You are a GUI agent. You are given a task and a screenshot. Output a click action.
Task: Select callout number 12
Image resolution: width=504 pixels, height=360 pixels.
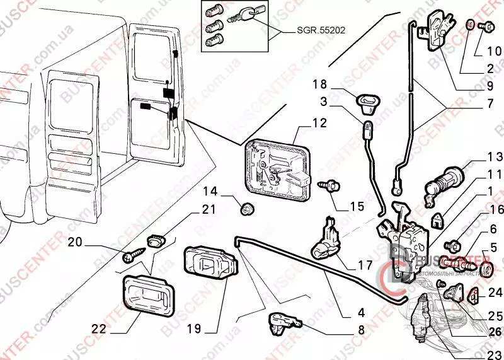click(319, 124)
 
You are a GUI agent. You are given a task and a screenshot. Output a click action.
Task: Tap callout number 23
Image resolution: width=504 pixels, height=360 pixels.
click(493, 354)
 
